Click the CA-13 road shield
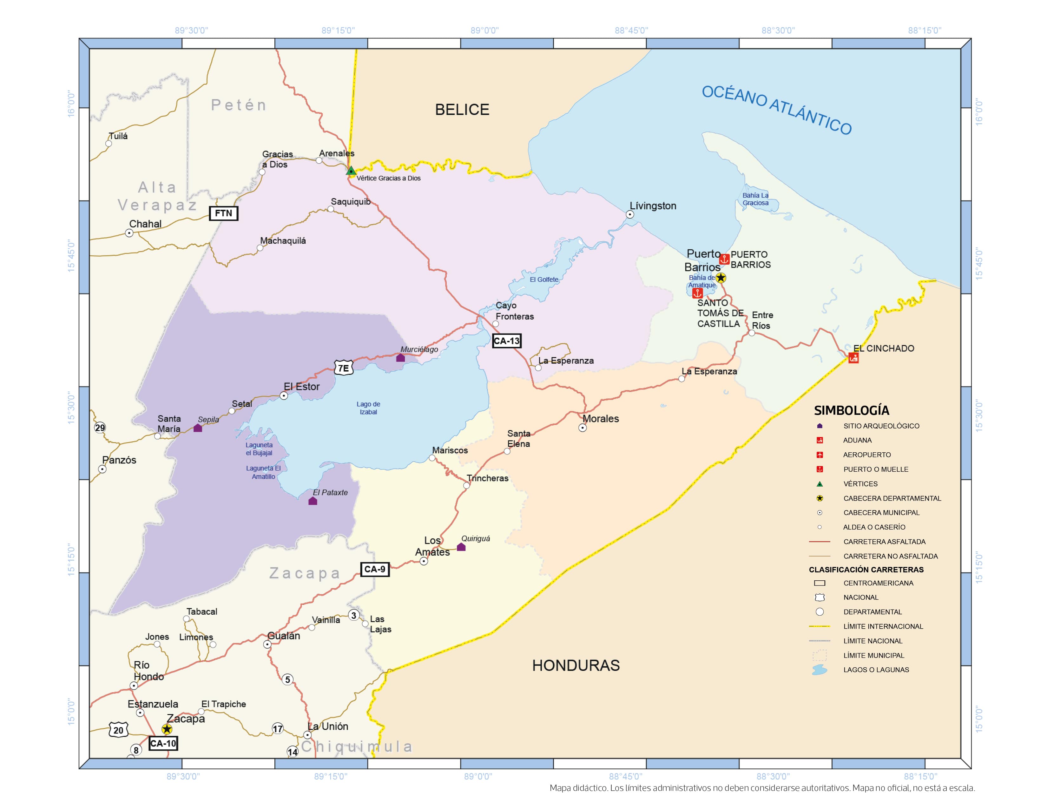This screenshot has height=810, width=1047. [x=506, y=341]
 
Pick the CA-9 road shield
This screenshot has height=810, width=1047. [x=374, y=569]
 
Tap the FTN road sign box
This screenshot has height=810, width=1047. [x=223, y=213]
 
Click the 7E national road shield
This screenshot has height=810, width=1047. [x=343, y=368]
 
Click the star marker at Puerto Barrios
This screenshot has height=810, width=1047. [x=721, y=277]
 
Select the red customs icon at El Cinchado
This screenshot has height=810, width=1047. [x=853, y=357]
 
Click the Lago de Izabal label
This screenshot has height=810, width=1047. [x=368, y=408]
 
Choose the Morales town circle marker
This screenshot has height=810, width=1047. [x=583, y=428]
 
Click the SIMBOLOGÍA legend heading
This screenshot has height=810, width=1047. [x=852, y=410]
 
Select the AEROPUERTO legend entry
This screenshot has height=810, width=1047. [x=867, y=455]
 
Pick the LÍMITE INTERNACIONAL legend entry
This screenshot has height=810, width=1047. [x=883, y=626]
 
